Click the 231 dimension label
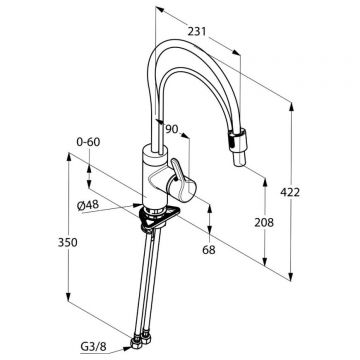[197, 32]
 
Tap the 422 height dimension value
[290, 192]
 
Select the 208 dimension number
[264, 222]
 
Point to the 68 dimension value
[209, 250]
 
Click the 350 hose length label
[68, 243]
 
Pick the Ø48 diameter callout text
[88, 205]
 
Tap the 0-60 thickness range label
[88, 142]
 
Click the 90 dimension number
[172, 129]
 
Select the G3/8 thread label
[93, 347]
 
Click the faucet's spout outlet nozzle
[239, 147]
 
